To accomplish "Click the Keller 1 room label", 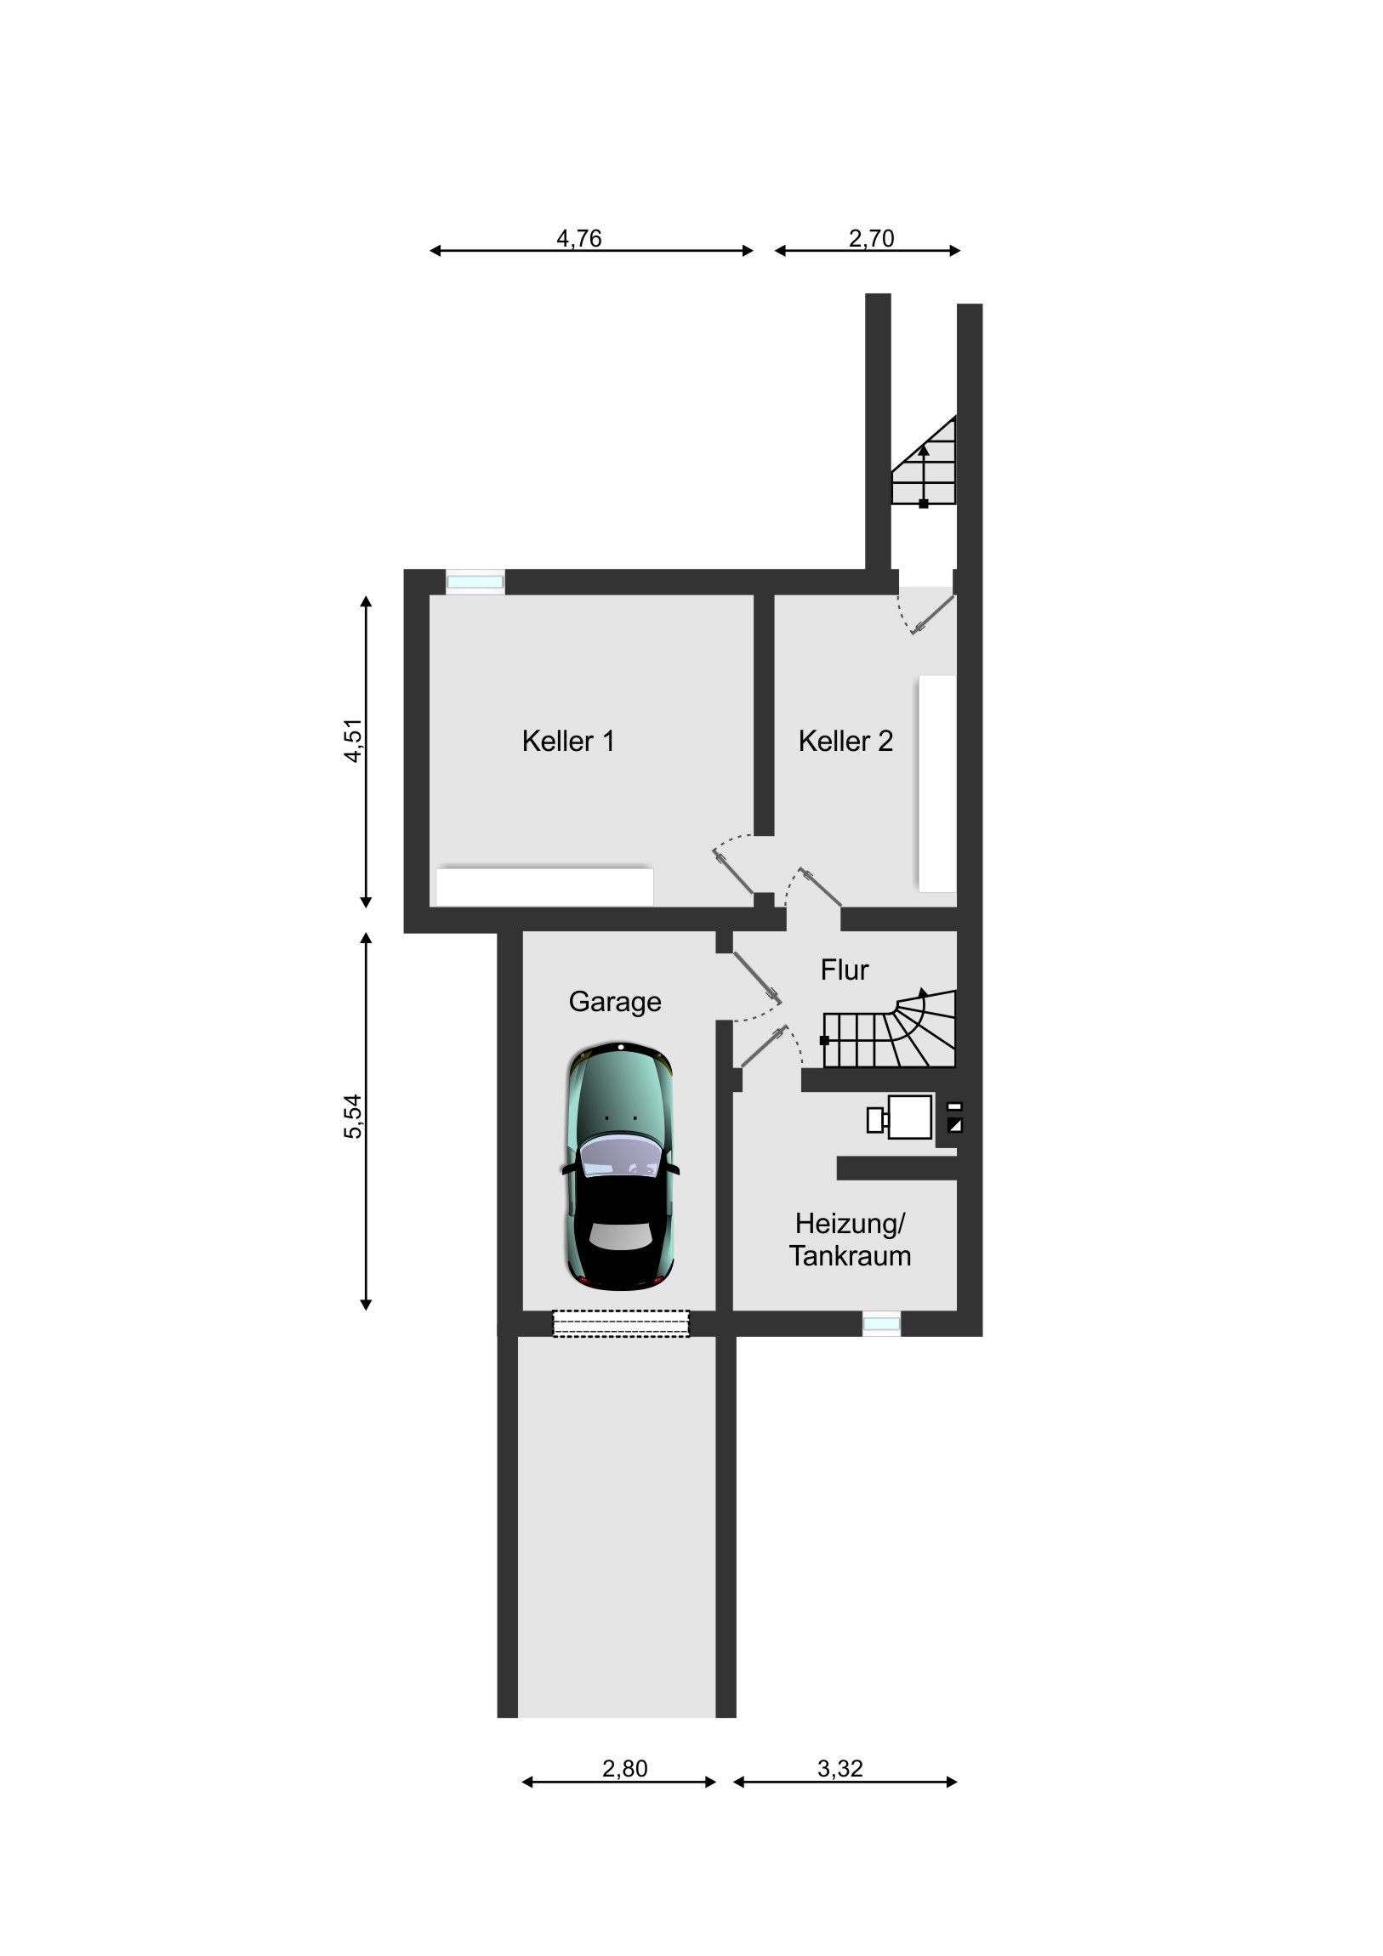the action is pos(567,742).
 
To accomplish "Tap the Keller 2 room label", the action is pos(845,742).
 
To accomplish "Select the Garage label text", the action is pos(614,1002).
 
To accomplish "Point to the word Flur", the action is pos(845,969).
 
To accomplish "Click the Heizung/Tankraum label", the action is pos(850,1240).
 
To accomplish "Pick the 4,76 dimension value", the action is pos(578,238).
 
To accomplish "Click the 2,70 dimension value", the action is pos(871,238).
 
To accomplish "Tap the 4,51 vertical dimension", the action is pos(353,742).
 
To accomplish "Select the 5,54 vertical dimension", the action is pos(353,1117).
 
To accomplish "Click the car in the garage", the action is pos(620,1165).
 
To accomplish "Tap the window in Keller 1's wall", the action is pos(475,582).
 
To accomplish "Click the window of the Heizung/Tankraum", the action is pos(881,1324).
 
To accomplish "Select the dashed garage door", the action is pos(621,1323).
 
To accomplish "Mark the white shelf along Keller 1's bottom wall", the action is pos(544,887).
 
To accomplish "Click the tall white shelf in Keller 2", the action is pos(937,784).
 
